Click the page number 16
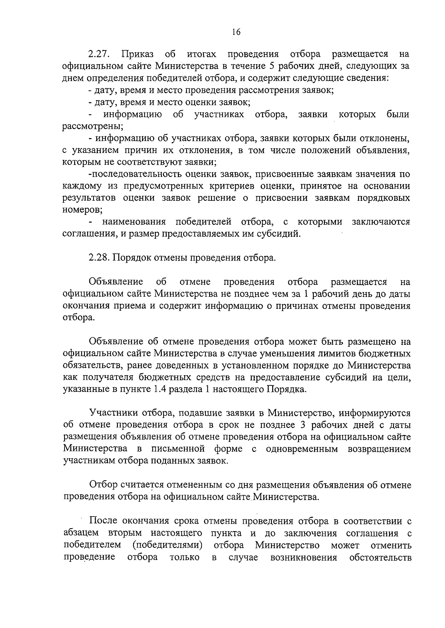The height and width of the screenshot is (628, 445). click(236, 32)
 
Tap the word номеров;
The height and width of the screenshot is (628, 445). click(83, 210)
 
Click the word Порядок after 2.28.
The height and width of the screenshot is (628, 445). click(130, 258)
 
